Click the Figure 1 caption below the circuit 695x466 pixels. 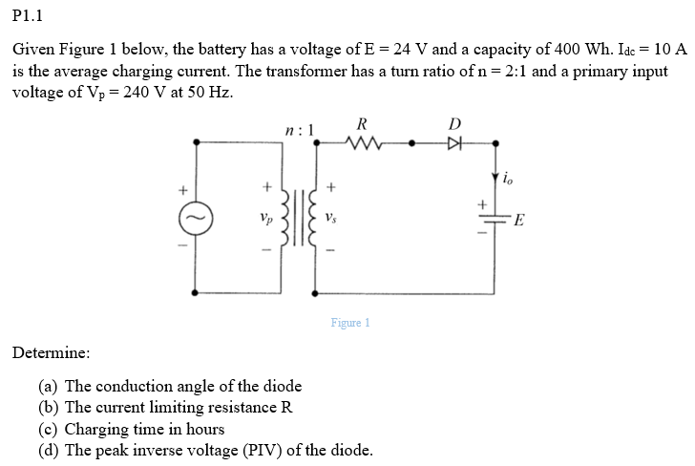(x=350, y=323)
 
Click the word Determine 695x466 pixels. (x=52, y=352)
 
